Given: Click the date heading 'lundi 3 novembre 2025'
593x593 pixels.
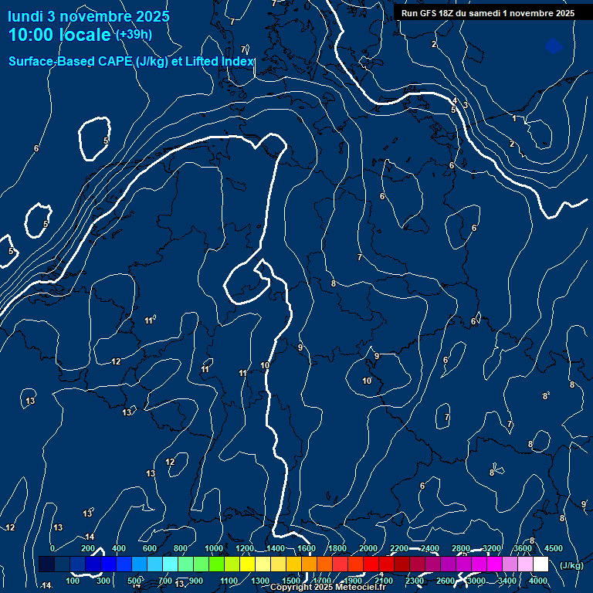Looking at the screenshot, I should click(x=88, y=16).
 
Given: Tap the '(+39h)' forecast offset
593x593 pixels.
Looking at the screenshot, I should click(x=134, y=35).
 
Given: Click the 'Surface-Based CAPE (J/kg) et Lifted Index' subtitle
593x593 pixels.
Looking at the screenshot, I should click(x=131, y=61).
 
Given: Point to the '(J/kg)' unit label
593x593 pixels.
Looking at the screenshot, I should click(x=571, y=565).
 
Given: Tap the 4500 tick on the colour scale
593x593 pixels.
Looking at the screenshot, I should click(x=554, y=548).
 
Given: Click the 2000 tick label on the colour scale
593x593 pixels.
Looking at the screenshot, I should click(x=368, y=548).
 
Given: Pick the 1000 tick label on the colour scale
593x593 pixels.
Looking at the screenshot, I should click(x=214, y=548).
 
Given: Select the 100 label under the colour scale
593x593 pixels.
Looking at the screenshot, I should click(x=73, y=581).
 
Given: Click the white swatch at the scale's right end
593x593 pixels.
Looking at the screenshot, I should click(x=541, y=564).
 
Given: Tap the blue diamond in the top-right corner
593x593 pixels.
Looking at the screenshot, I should click(x=554, y=46).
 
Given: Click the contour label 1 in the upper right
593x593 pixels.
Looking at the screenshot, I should click(x=514, y=118).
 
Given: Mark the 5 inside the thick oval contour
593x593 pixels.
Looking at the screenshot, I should click(x=106, y=141).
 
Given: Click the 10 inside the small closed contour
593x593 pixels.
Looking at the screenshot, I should click(x=367, y=381).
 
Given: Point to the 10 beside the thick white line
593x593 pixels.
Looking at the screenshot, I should click(x=265, y=365).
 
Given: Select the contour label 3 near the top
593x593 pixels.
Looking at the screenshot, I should click(x=466, y=105).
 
